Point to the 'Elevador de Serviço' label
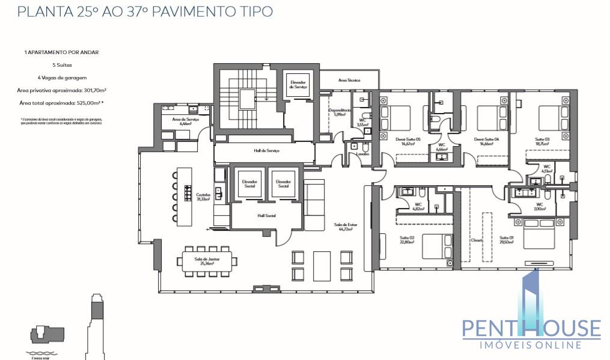tap(298, 85)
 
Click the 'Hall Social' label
tap(266, 215)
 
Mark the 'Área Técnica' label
tap(349, 80)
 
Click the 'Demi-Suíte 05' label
tap(409, 141)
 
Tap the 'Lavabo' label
tap(362, 154)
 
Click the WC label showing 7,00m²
tap(539, 207)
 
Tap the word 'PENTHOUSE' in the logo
tap(531, 328)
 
